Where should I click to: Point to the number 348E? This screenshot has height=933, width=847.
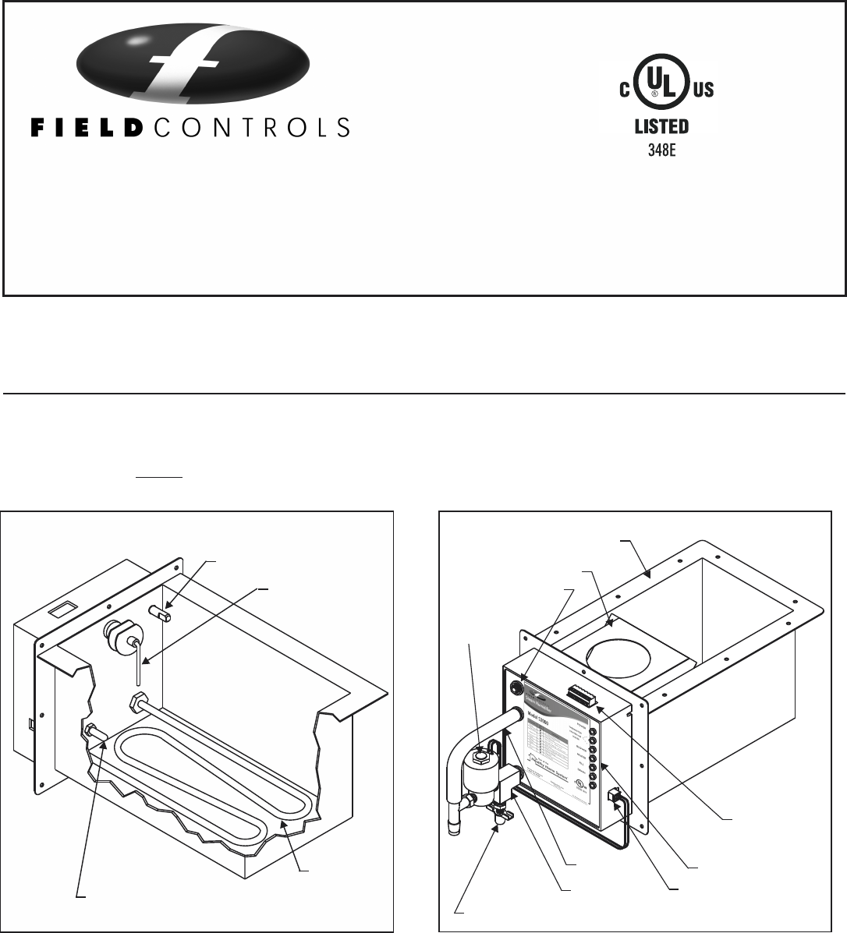(x=661, y=149)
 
